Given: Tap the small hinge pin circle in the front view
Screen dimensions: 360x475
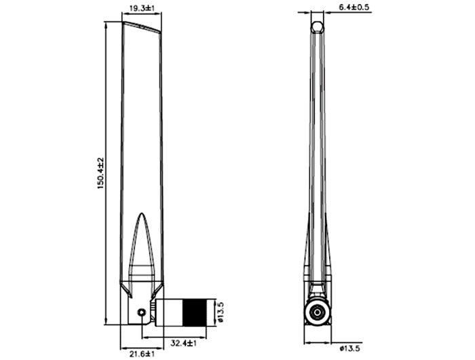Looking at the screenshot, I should coord(140,312).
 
